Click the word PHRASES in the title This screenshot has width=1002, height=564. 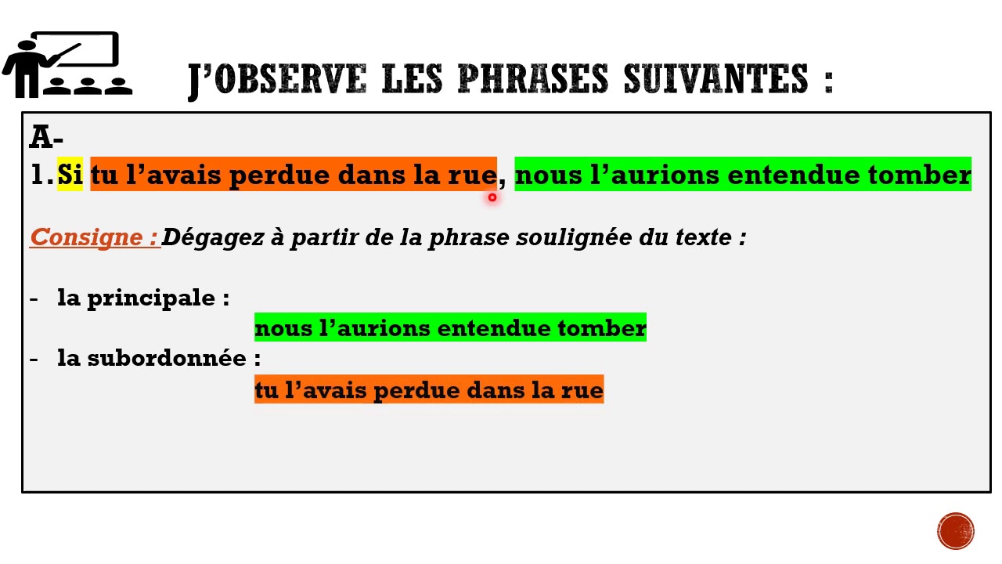[532, 79]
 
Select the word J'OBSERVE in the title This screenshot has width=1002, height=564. [277, 79]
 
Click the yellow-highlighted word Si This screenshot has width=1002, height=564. [70, 175]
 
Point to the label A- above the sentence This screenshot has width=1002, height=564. [46, 137]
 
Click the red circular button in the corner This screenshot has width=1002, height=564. [956, 530]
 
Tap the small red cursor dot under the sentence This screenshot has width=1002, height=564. [492, 197]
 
